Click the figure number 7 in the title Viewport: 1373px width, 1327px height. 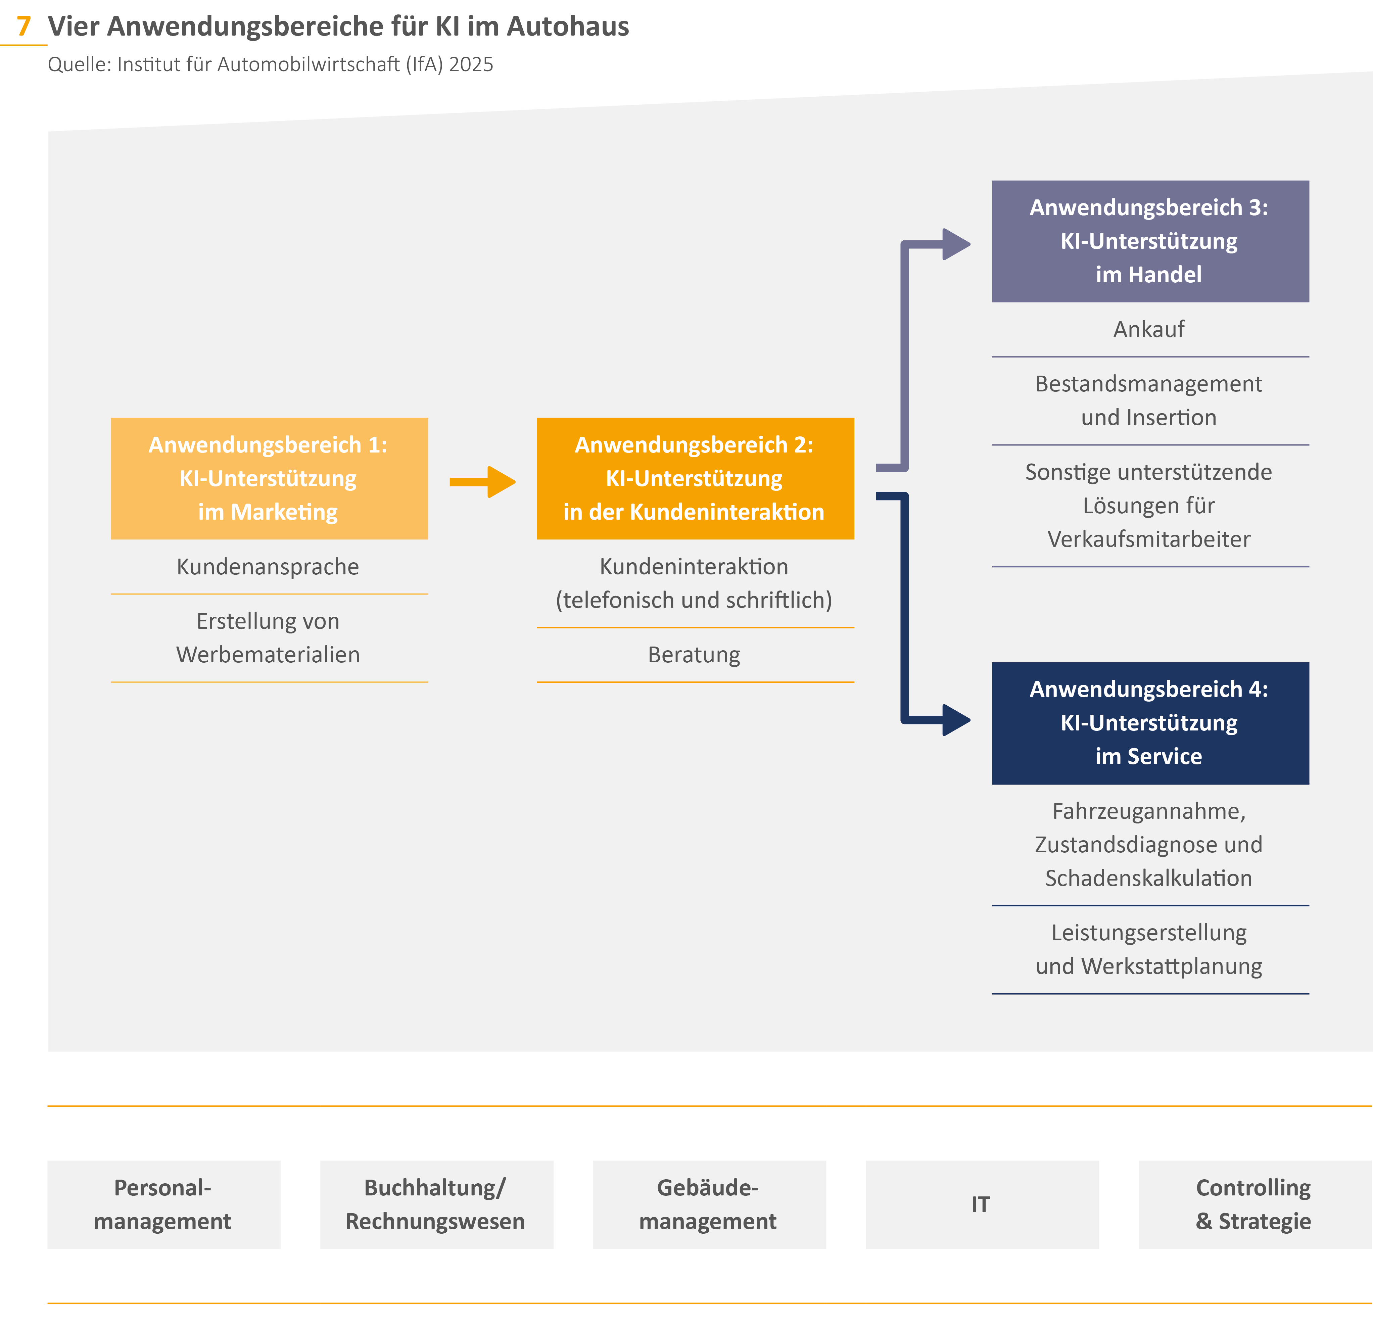point(24,27)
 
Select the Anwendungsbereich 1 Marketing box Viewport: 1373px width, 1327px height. point(269,479)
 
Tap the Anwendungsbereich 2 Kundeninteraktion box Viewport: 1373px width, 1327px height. point(695,479)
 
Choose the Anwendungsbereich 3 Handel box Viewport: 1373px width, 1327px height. point(1149,241)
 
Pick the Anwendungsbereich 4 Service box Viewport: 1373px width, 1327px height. point(1149,723)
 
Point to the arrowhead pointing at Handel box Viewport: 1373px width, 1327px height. point(955,244)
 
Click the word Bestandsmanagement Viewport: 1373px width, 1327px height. point(1149,384)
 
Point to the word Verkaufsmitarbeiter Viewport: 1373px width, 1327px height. point(1149,539)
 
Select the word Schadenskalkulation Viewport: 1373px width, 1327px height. point(1149,878)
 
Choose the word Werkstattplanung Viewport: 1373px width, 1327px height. point(1171,966)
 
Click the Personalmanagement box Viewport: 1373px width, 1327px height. point(163,1204)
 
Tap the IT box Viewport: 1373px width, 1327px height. point(982,1204)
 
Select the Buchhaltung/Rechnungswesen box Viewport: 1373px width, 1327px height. point(436,1204)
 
